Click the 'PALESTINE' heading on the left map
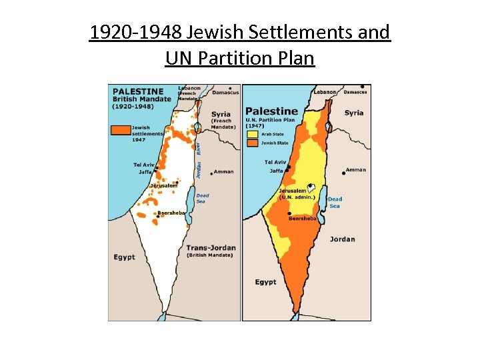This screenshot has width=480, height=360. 137,91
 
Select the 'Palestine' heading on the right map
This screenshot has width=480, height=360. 271,111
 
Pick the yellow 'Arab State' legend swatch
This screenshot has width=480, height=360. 253,133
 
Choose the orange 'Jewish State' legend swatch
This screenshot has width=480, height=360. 253,142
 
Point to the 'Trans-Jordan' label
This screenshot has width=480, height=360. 211,247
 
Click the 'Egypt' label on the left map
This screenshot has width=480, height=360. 124,257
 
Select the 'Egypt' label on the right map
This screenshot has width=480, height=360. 265,282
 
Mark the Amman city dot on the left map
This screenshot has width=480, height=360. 211,173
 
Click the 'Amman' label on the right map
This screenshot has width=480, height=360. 356,170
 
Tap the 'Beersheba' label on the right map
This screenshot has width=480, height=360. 302,218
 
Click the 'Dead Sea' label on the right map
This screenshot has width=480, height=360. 335,202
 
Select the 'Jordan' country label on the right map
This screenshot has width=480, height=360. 342,239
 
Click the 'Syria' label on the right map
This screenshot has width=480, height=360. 354,113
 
